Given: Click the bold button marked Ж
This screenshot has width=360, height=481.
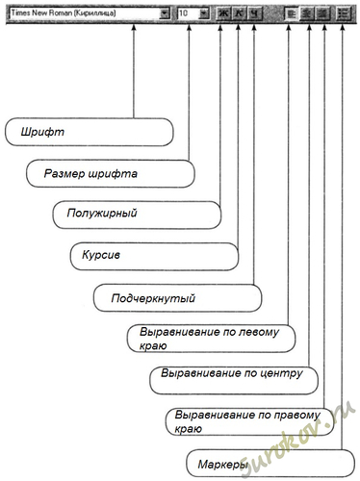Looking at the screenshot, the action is (x=223, y=13).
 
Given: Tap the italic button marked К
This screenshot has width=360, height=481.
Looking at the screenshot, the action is (x=239, y=13).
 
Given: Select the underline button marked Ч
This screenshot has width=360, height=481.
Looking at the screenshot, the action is (x=254, y=13).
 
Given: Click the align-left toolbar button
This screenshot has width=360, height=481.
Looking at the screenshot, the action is (x=292, y=13).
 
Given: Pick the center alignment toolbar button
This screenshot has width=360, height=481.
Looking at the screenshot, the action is (x=307, y=13).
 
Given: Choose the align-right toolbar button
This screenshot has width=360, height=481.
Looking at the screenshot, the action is (x=322, y=13).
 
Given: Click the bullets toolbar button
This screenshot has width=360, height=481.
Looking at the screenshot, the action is (x=344, y=13).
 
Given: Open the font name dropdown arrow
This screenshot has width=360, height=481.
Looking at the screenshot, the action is (x=165, y=13).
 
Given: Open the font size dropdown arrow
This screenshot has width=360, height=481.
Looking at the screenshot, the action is (x=204, y=13).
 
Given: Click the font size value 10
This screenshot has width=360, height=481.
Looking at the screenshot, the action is (x=184, y=13).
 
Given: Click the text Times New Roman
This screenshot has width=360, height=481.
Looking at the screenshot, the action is (x=41, y=13).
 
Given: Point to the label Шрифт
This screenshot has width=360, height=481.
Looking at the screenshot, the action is (x=42, y=132).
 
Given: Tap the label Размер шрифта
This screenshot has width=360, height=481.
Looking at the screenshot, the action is (x=90, y=173).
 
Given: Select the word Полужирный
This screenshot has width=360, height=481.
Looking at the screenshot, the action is (x=102, y=214).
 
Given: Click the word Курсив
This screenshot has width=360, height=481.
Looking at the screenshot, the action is (x=101, y=255).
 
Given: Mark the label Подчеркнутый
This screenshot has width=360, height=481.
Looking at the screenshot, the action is (x=153, y=298).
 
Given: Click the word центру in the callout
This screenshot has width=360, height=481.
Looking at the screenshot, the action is (x=281, y=373).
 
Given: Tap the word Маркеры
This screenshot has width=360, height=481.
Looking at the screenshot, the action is (x=223, y=465).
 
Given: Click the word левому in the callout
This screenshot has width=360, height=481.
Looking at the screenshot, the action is (x=259, y=332).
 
